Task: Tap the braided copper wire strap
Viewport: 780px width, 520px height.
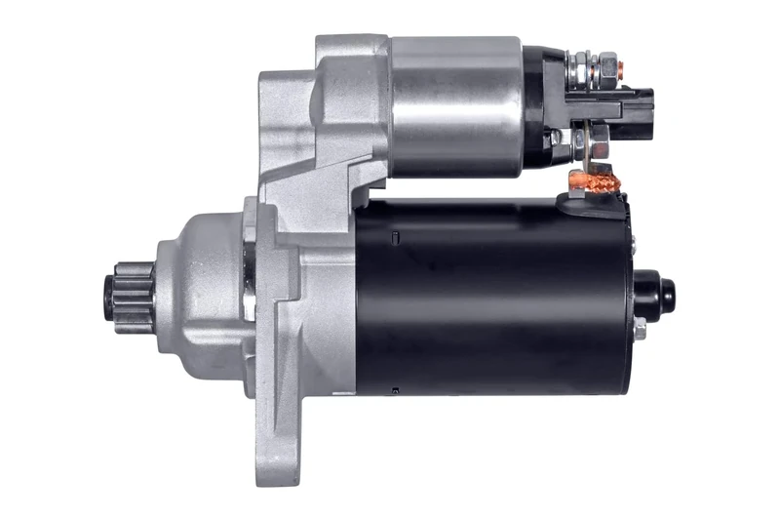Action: pyautogui.click(x=591, y=180)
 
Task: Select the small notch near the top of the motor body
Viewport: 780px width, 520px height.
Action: pyautogui.click(x=394, y=237)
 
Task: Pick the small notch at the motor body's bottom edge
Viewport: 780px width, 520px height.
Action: pyautogui.click(x=394, y=391)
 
